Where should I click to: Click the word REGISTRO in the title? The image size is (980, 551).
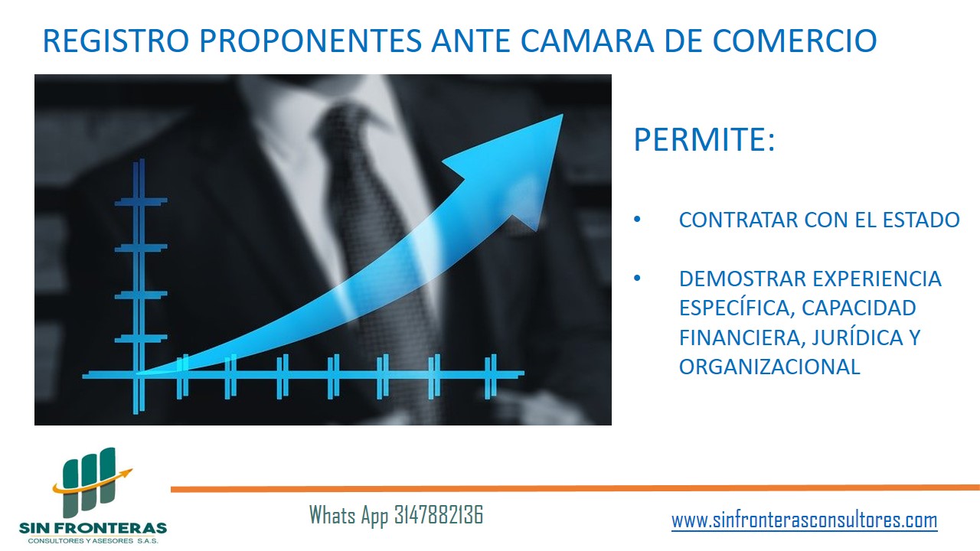pyautogui.click(x=116, y=41)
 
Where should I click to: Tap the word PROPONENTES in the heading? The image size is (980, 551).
pyautogui.click(x=311, y=41)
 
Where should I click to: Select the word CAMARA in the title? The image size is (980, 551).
pyautogui.click(x=587, y=41)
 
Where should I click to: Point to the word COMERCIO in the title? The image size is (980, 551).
pyautogui.click(x=795, y=41)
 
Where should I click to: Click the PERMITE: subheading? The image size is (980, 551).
pyautogui.click(x=704, y=139)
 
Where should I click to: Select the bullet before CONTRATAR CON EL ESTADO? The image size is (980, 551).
pyautogui.click(x=637, y=219)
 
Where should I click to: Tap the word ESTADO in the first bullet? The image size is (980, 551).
pyautogui.click(x=921, y=220)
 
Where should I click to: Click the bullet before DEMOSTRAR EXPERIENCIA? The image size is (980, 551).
pyautogui.click(x=637, y=278)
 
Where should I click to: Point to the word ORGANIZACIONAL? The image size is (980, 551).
pyautogui.click(x=769, y=367)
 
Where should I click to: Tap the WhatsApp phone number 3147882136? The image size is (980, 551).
pyautogui.click(x=439, y=515)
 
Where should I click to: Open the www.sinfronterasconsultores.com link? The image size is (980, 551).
pyautogui.click(x=805, y=520)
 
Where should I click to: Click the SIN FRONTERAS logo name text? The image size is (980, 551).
pyautogui.click(x=93, y=528)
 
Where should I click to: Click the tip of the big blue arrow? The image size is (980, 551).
pyautogui.click(x=563, y=115)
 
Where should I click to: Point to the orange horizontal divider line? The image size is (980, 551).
pyautogui.click(x=575, y=488)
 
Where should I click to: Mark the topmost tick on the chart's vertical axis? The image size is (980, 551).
pyautogui.click(x=141, y=201)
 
